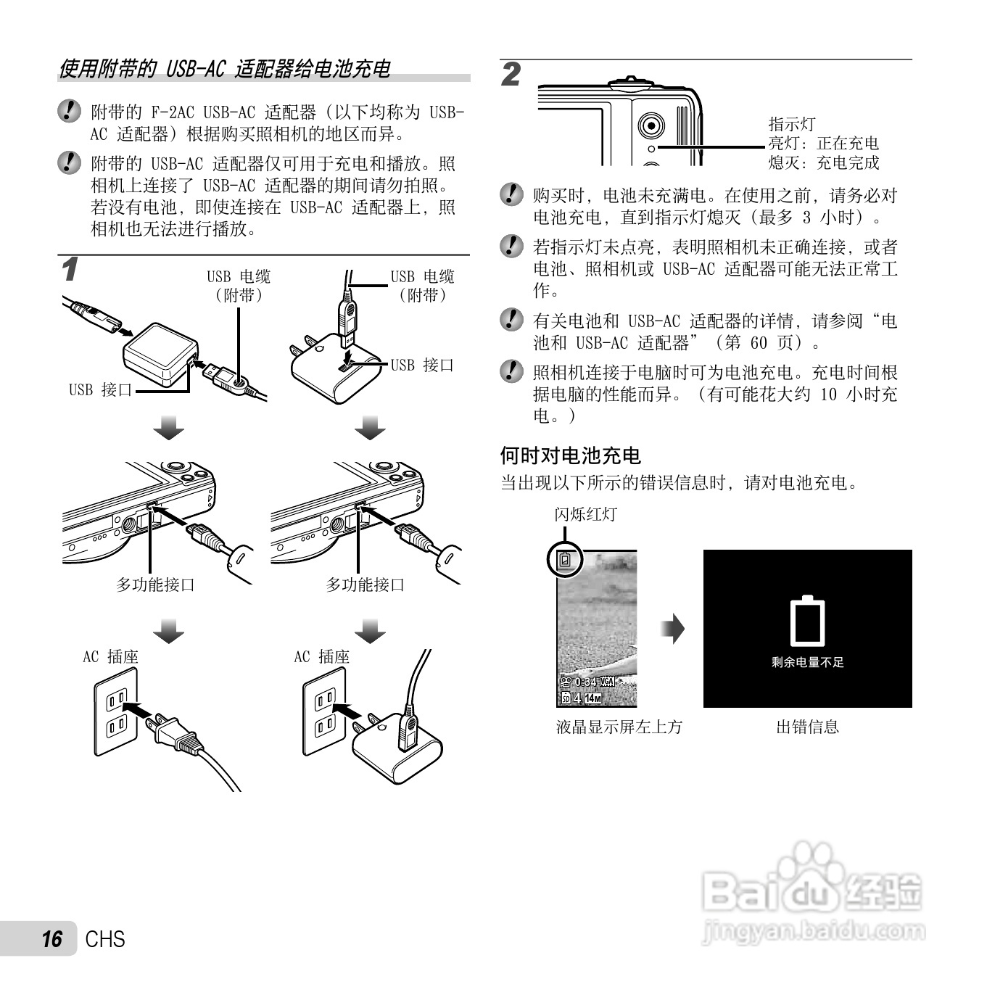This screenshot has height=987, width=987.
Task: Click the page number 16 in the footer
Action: click(51, 939)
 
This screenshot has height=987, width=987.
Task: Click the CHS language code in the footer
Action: click(105, 939)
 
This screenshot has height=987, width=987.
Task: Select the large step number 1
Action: click(70, 271)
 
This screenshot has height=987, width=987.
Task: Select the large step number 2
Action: click(511, 75)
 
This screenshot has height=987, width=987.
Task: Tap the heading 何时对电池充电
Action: click(570, 455)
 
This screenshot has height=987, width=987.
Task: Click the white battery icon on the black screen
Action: click(807, 621)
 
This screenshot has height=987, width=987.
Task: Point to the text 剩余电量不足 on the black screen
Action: click(807, 662)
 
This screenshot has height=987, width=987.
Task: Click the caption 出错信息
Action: click(807, 727)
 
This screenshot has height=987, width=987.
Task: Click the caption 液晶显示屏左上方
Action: click(619, 727)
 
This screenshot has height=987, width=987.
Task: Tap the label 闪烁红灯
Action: click(585, 514)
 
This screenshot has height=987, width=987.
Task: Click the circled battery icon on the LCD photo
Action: click(566, 559)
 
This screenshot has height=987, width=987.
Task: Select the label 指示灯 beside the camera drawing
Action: click(792, 124)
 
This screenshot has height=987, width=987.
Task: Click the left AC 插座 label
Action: click(110, 657)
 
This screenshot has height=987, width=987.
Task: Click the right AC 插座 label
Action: click(321, 657)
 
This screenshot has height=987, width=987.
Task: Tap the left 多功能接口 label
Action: click(156, 585)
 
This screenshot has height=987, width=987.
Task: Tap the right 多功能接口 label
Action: click(365, 585)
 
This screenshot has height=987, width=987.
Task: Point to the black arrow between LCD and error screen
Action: click(673, 629)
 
